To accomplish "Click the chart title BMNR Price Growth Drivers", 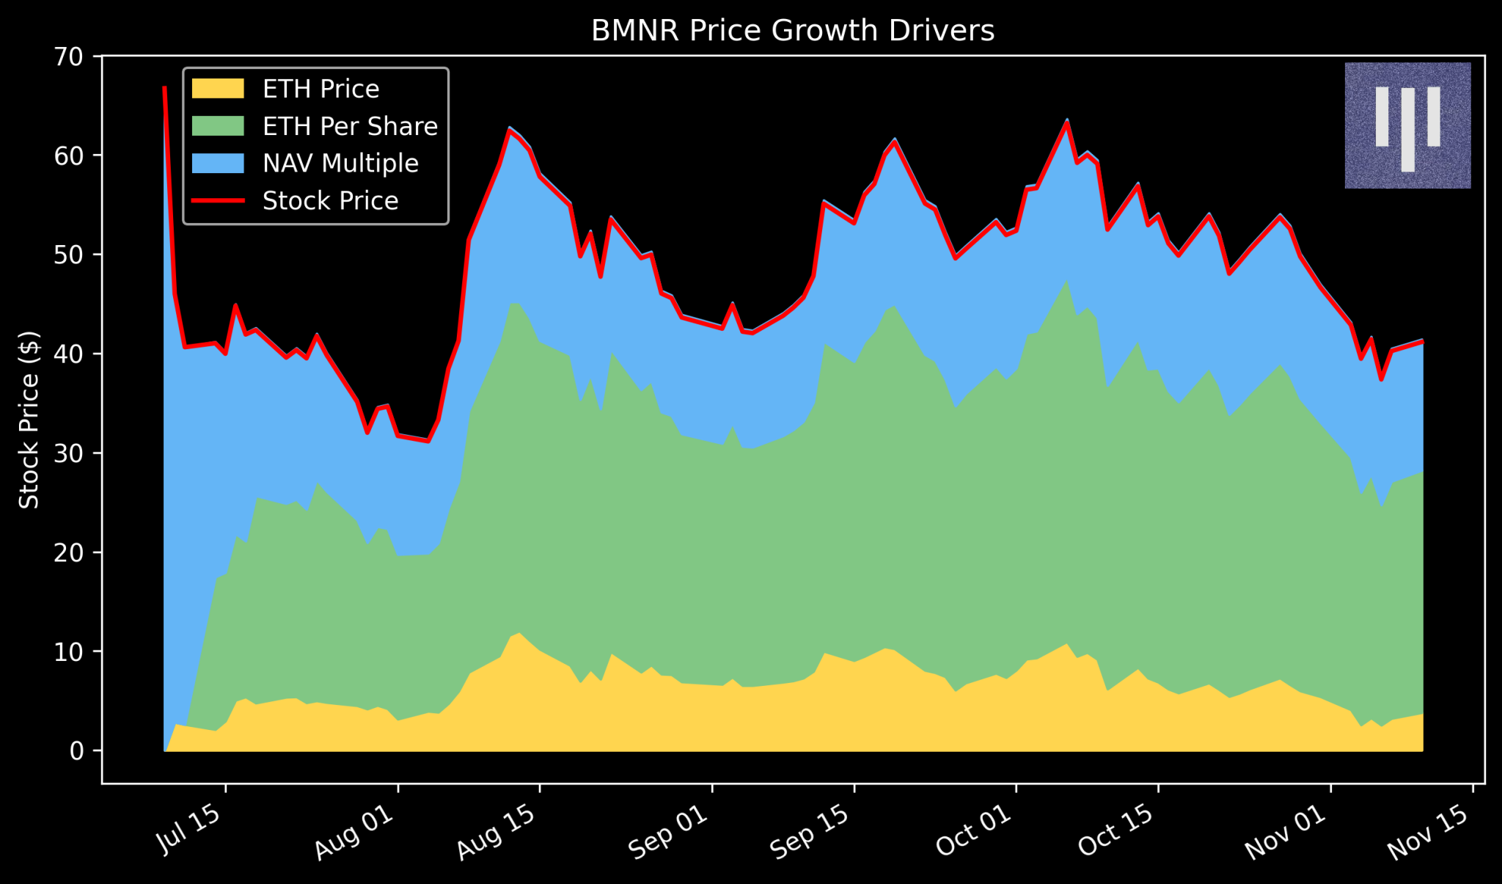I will coord(792,31).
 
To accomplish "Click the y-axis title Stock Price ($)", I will coord(29,420).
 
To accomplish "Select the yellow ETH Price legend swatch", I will coord(217,89).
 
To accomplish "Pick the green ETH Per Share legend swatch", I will coord(217,126).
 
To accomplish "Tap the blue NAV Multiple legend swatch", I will coord(217,163).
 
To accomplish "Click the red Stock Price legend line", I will coord(217,200).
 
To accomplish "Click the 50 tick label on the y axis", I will coord(70,255).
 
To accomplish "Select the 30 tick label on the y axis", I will coord(70,453).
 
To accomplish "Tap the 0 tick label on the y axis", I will coord(77,750).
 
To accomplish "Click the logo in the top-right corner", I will coord(1407,125).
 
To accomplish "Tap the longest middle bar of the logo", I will coord(1407,130).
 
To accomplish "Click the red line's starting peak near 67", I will coord(164,88).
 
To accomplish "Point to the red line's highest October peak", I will coord(1066,122).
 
